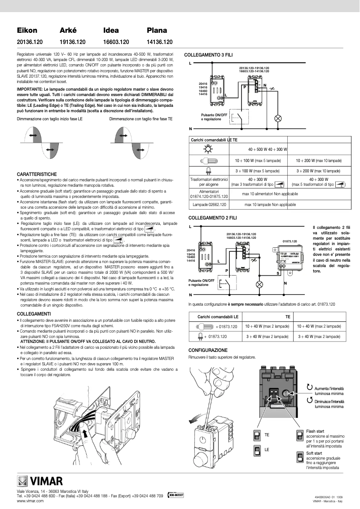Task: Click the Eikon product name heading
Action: coord(27,31)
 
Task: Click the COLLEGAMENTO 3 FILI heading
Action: coord(209,54)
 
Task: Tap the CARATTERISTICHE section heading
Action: coord(37,173)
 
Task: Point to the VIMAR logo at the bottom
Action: coord(40,483)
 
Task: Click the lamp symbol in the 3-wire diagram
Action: coord(277,118)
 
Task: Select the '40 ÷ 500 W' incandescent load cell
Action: coord(258,149)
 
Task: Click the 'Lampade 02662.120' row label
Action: coord(209,204)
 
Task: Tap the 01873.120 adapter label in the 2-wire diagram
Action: coord(290,241)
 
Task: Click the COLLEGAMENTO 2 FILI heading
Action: coord(209,217)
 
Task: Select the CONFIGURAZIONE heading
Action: coord(208,350)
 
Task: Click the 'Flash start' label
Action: coord(314,431)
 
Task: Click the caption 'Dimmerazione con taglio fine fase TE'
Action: coord(141,119)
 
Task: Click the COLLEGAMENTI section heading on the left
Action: coord(34,313)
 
